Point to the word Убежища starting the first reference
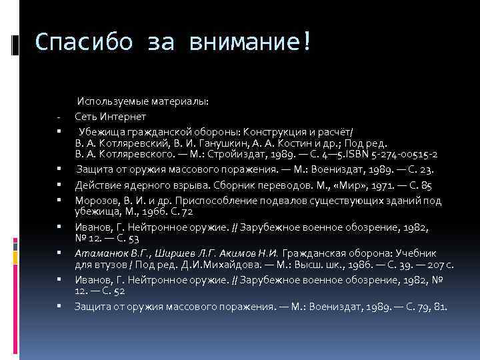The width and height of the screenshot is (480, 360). click(102, 131)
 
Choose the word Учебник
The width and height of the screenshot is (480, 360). click(415, 254)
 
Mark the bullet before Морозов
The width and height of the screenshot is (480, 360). click(59, 199)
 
